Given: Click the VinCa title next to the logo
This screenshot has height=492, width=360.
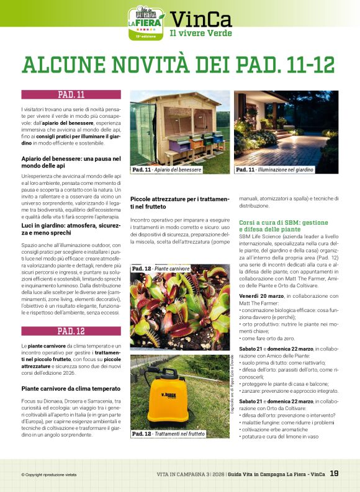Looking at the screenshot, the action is [202, 20].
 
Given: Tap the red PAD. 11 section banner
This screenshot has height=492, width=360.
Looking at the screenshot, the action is [71, 95].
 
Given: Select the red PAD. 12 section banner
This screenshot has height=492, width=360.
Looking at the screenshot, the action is [71, 331].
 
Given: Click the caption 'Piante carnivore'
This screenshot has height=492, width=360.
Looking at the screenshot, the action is [162, 269].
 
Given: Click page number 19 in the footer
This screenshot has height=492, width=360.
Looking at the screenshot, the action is [334, 474].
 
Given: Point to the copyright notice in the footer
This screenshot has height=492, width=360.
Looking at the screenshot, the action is [48, 475].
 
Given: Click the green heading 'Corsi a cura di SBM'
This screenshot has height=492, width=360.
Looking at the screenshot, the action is [283, 225].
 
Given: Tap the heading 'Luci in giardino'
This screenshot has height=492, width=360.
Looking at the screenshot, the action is [71, 231].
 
